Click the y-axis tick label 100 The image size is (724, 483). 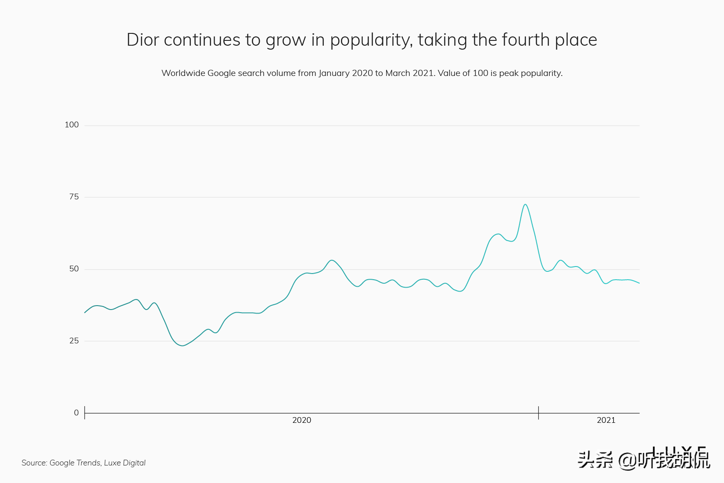[x=72, y=125]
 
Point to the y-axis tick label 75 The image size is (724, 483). [x=74, y=197]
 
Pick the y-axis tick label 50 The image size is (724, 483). [x=74, y=269]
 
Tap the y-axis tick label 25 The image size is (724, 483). [x=74, y=341]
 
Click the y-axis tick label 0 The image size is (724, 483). [x=76, y=413]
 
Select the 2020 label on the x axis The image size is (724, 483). [x=302, y=420]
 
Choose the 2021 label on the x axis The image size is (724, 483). [x=606, y=420]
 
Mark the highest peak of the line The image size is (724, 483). [x=525, y=204]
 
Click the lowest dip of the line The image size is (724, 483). [x=183, y=346]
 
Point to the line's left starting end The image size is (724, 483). [x=85, y=313]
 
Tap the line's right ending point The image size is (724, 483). [x=639, y=283]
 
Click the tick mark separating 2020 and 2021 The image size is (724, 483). [x=538, y=413]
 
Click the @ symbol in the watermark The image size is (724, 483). [x=627, y=460]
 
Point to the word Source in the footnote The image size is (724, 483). [x=34, y=463]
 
